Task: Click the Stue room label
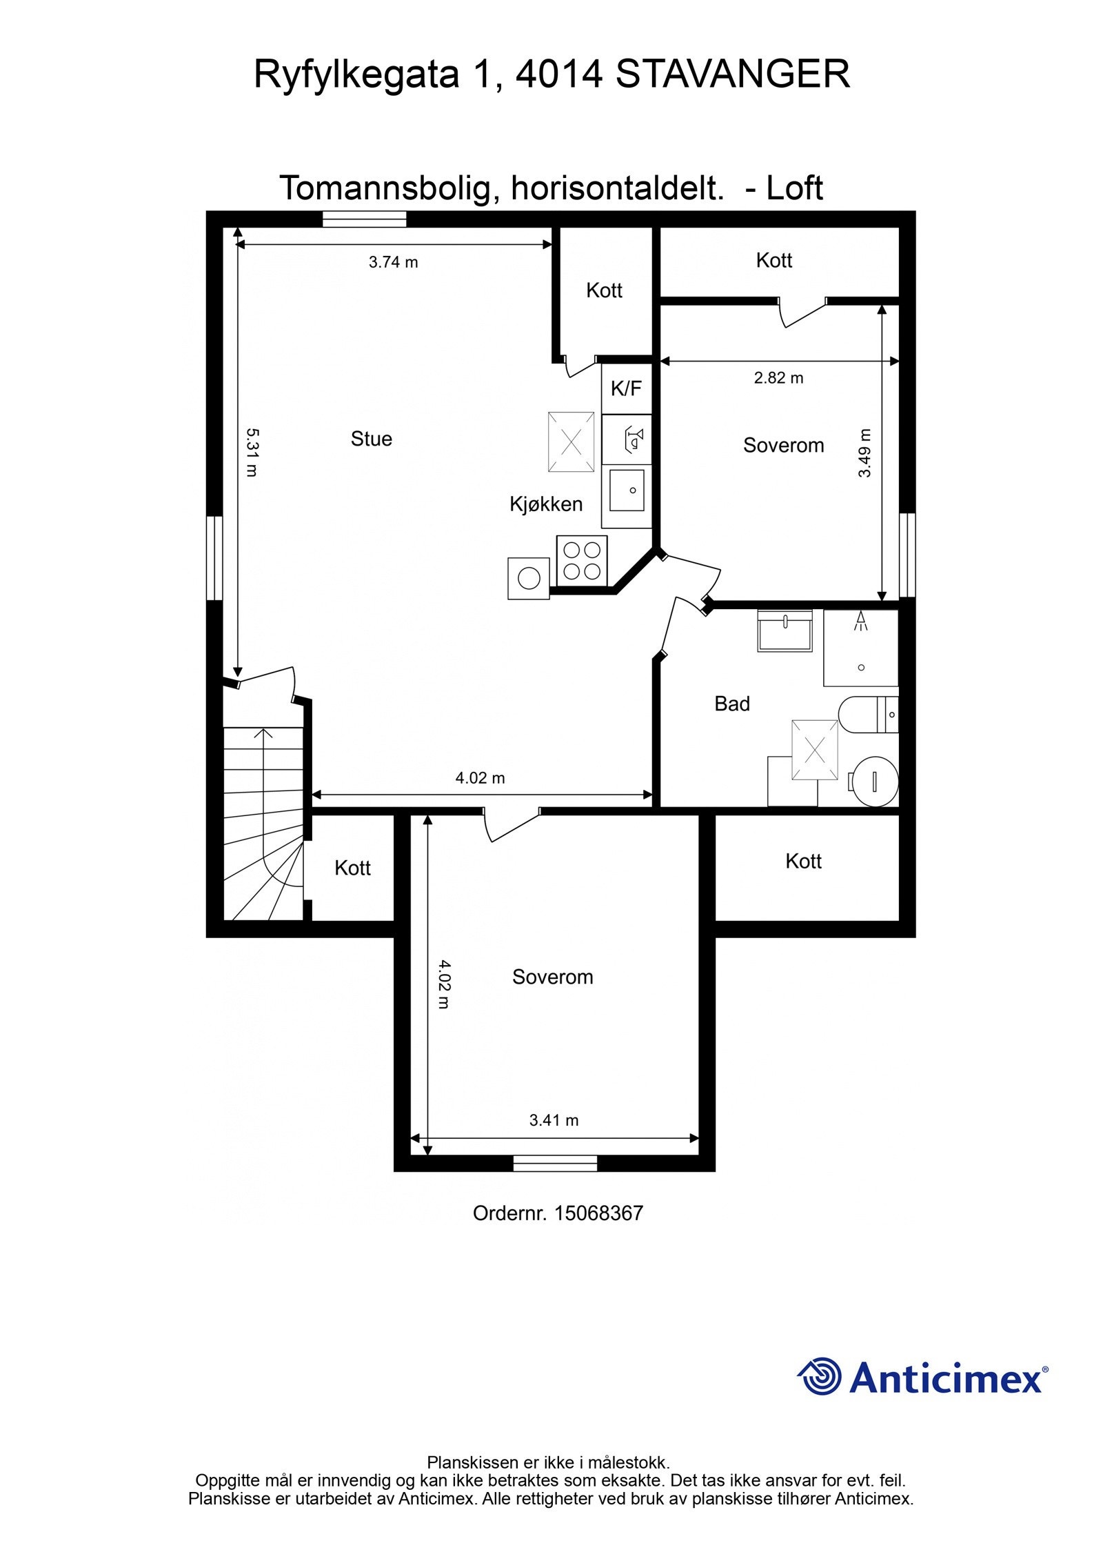click(371, 439)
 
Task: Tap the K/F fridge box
click(625, 388)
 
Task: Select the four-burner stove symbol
click(582, 560)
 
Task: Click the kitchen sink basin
click(627, 490)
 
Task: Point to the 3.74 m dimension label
click(393, 262)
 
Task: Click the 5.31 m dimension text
click(252, 452)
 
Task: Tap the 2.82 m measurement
click(778, 378)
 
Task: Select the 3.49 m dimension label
click(864, 453)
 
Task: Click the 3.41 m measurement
click(554, 1120)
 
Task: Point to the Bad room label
click(731, 704)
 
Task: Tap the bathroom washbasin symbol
click(785, 630)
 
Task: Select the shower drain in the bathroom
click(861, 667)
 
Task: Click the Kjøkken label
click(546, 504)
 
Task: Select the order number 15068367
click(598, 1213)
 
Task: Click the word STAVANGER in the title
click(732, 74)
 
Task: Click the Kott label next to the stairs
click(352, 868)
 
